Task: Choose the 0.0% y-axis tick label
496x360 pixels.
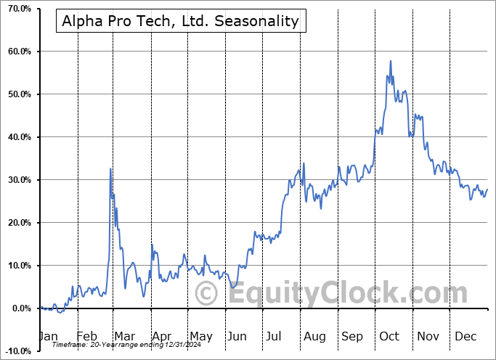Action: (18, 308)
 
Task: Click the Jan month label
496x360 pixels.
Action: (48, 336)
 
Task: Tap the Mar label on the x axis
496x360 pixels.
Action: (125, 336)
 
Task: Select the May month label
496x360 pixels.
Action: (200, 336)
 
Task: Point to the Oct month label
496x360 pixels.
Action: (389, 336)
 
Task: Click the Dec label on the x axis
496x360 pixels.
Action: (465, 336)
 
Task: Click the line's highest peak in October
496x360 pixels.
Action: (391, 61)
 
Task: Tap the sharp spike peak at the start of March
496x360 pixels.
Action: (110, 168)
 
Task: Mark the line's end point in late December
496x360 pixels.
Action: (487, 189)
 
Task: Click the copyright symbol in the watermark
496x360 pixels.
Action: (208, 294)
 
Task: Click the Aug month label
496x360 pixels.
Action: (314, 336)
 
